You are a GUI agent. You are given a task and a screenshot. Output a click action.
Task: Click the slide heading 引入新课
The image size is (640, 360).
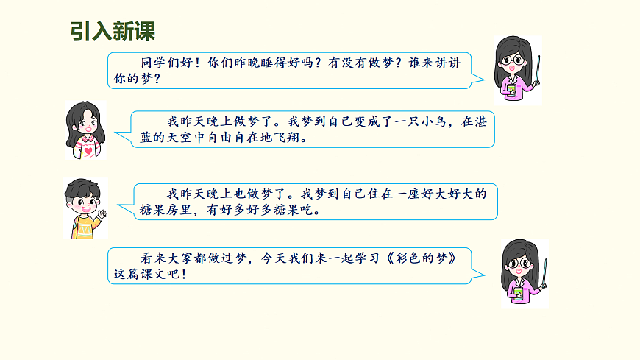point(113,32)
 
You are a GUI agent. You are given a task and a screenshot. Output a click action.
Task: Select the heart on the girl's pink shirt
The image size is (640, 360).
point(88,152)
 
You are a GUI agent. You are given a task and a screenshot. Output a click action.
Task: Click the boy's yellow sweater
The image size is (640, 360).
point(84,227)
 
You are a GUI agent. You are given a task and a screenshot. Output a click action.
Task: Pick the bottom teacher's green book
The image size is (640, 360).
point(518,293)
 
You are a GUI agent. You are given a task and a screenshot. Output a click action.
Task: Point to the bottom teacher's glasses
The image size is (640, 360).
point(519,262)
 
